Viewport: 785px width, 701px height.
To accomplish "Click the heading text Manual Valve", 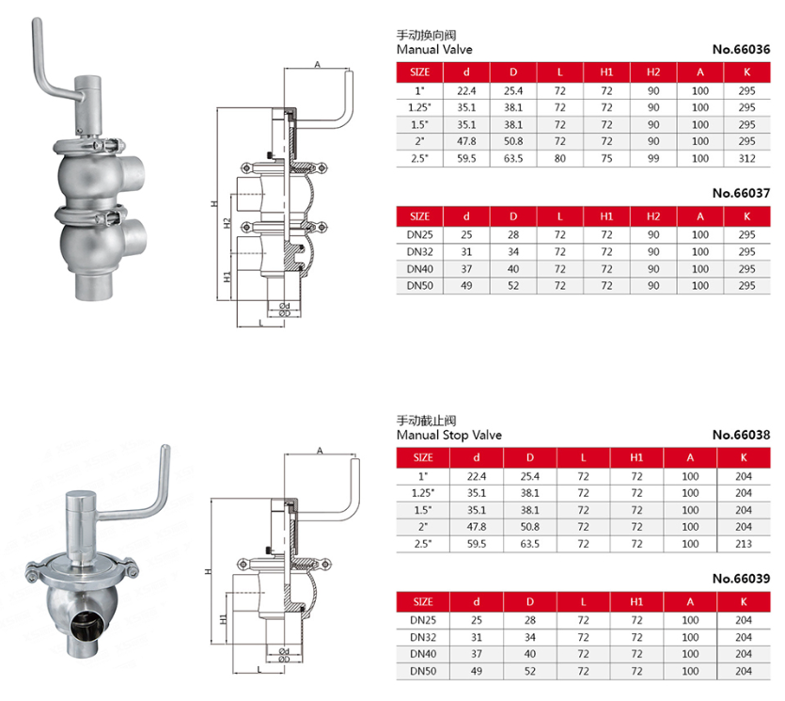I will pos(434,49).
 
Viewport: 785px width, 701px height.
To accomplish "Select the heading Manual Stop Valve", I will pos(449,436).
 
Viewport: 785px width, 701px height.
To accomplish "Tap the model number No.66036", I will pos(741,49).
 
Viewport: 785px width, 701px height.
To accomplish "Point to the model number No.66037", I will pos(741,193).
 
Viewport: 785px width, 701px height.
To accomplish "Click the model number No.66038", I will pos(741,436).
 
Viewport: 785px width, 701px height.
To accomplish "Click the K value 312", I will pos(747,159).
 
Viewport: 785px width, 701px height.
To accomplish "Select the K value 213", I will pos(743,544).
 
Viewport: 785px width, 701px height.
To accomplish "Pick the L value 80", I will pos(560,159).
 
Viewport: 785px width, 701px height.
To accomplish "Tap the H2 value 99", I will pos(653,159).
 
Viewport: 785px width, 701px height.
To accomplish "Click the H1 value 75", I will pos(606,159).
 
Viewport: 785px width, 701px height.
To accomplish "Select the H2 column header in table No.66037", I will pos(653,216).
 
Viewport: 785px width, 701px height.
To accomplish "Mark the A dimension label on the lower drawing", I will pos(319,451).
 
